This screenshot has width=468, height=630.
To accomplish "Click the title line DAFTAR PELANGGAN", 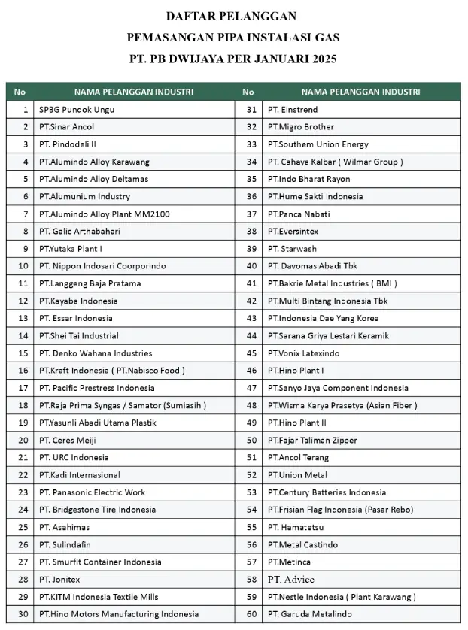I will coord(231,16).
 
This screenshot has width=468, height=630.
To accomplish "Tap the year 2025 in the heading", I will coord(321,58).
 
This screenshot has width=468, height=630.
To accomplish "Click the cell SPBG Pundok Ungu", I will coord(77,109).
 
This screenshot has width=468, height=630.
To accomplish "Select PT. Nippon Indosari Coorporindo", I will coord(102,266).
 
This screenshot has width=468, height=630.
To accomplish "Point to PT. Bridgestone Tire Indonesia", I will coord(97,510).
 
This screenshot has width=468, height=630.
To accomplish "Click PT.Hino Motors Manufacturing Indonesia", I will coord(119,614).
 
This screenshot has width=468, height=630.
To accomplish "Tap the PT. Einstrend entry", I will coord(293,109).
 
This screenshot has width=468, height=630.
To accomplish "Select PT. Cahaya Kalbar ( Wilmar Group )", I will coord(335,162).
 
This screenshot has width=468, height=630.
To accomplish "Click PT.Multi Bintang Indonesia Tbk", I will coord(327,301).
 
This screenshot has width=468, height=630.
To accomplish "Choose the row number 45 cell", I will coord(251,353).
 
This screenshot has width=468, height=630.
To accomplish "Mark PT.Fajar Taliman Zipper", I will coord(312,440).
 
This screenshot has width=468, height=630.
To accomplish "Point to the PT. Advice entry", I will coord(291,580).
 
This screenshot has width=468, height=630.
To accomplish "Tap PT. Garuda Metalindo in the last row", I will coord(309,614).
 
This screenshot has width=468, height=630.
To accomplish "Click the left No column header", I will coord(20,92).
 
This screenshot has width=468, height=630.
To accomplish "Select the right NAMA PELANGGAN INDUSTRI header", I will coord(360,92).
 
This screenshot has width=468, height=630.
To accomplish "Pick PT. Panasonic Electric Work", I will coord(93,492).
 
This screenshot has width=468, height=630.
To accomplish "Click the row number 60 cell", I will coord(251,614).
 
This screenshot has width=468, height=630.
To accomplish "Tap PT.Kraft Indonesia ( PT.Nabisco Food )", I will coord(112,371).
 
